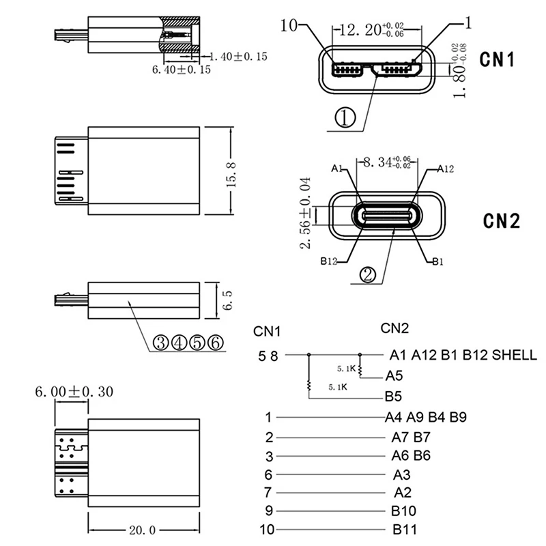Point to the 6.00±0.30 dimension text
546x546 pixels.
click(74, 392)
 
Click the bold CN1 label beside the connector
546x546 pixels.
click(497, 59)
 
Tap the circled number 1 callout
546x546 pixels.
click(345, 119)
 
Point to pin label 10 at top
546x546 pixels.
click(289, 26)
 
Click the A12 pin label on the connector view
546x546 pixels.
click(445, 169)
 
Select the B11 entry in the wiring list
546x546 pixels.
click(405, 528)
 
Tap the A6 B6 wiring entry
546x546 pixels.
click(411, 455)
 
